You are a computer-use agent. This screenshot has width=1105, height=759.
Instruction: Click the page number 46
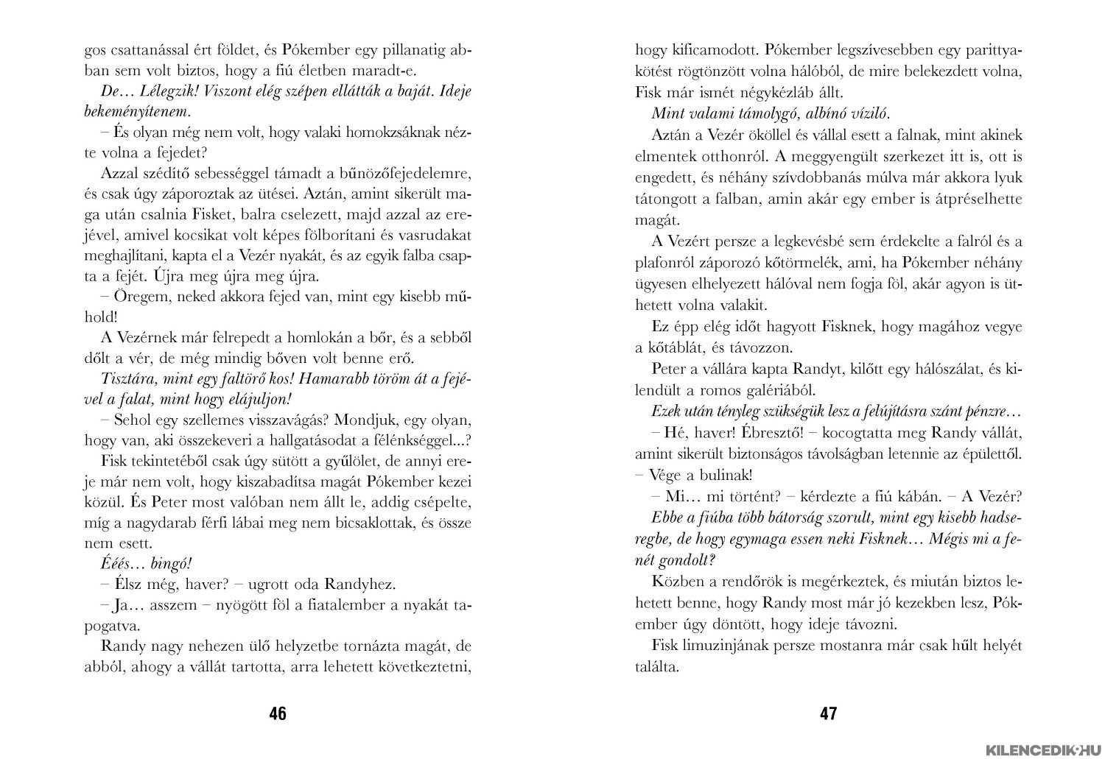pyautogui.click(x=278, y=713)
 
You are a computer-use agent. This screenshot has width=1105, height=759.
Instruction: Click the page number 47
pyautogui.click(x=828, y=713)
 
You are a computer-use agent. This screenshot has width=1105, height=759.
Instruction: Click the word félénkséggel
pyautogui.click(x=424, y=440)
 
